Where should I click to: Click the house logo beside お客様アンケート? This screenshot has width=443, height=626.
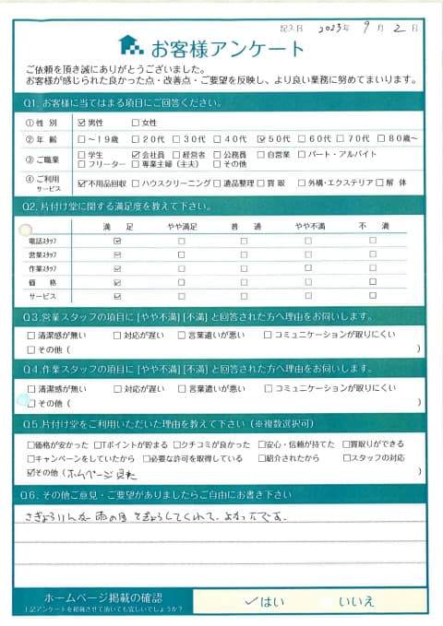pyautogui.click(x=130, y=45)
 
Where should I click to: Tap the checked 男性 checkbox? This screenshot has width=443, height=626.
pyautogui.click(x=82, y=123)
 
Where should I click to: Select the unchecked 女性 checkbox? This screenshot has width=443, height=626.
pyautogui.click(x=136, y=123)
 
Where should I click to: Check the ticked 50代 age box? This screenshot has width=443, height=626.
pyautogui.click(x=263, y=139)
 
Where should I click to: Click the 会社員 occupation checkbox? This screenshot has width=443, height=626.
pyautogui.click(x=136, y=154)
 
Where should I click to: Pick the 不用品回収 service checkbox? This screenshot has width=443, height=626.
pyautogui.click(x=82, y=183)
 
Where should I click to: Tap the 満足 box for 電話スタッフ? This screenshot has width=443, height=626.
pyautogui.click(x=117, y=240)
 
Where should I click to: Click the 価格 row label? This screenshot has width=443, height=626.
pyautogui.click(x=45, y=282)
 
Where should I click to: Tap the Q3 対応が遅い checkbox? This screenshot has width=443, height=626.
pyautogui.click(x=117, y=336)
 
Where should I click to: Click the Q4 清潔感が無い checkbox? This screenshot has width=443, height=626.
pyautogui.click(x=33, y=389)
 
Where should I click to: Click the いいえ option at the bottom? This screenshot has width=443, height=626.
pyautogui.click(x=356, y=600)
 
